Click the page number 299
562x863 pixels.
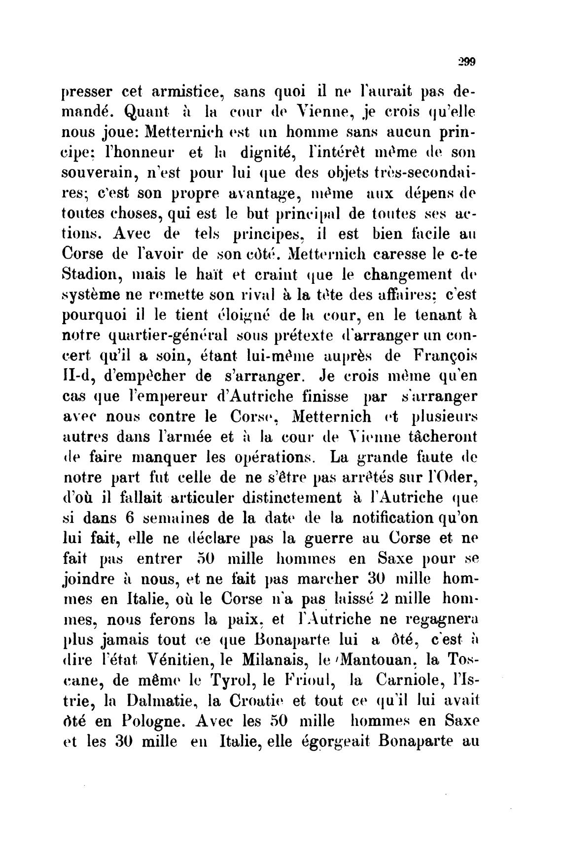[x=465, y=62]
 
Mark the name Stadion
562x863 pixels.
[x=90, y=275]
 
